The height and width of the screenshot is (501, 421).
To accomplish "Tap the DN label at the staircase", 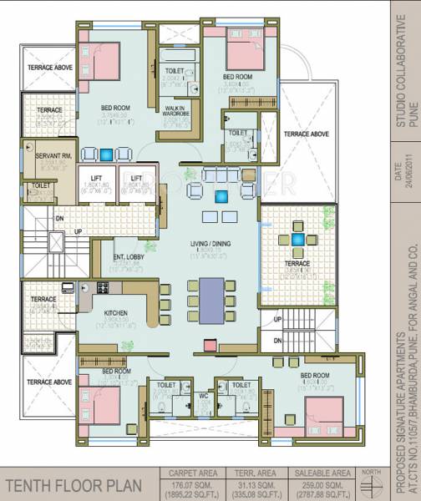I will (59, 219).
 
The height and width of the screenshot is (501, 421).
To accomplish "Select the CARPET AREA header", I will (194, 471).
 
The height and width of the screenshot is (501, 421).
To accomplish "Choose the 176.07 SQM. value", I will (194, 483).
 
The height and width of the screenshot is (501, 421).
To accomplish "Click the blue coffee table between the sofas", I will (222, 197).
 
